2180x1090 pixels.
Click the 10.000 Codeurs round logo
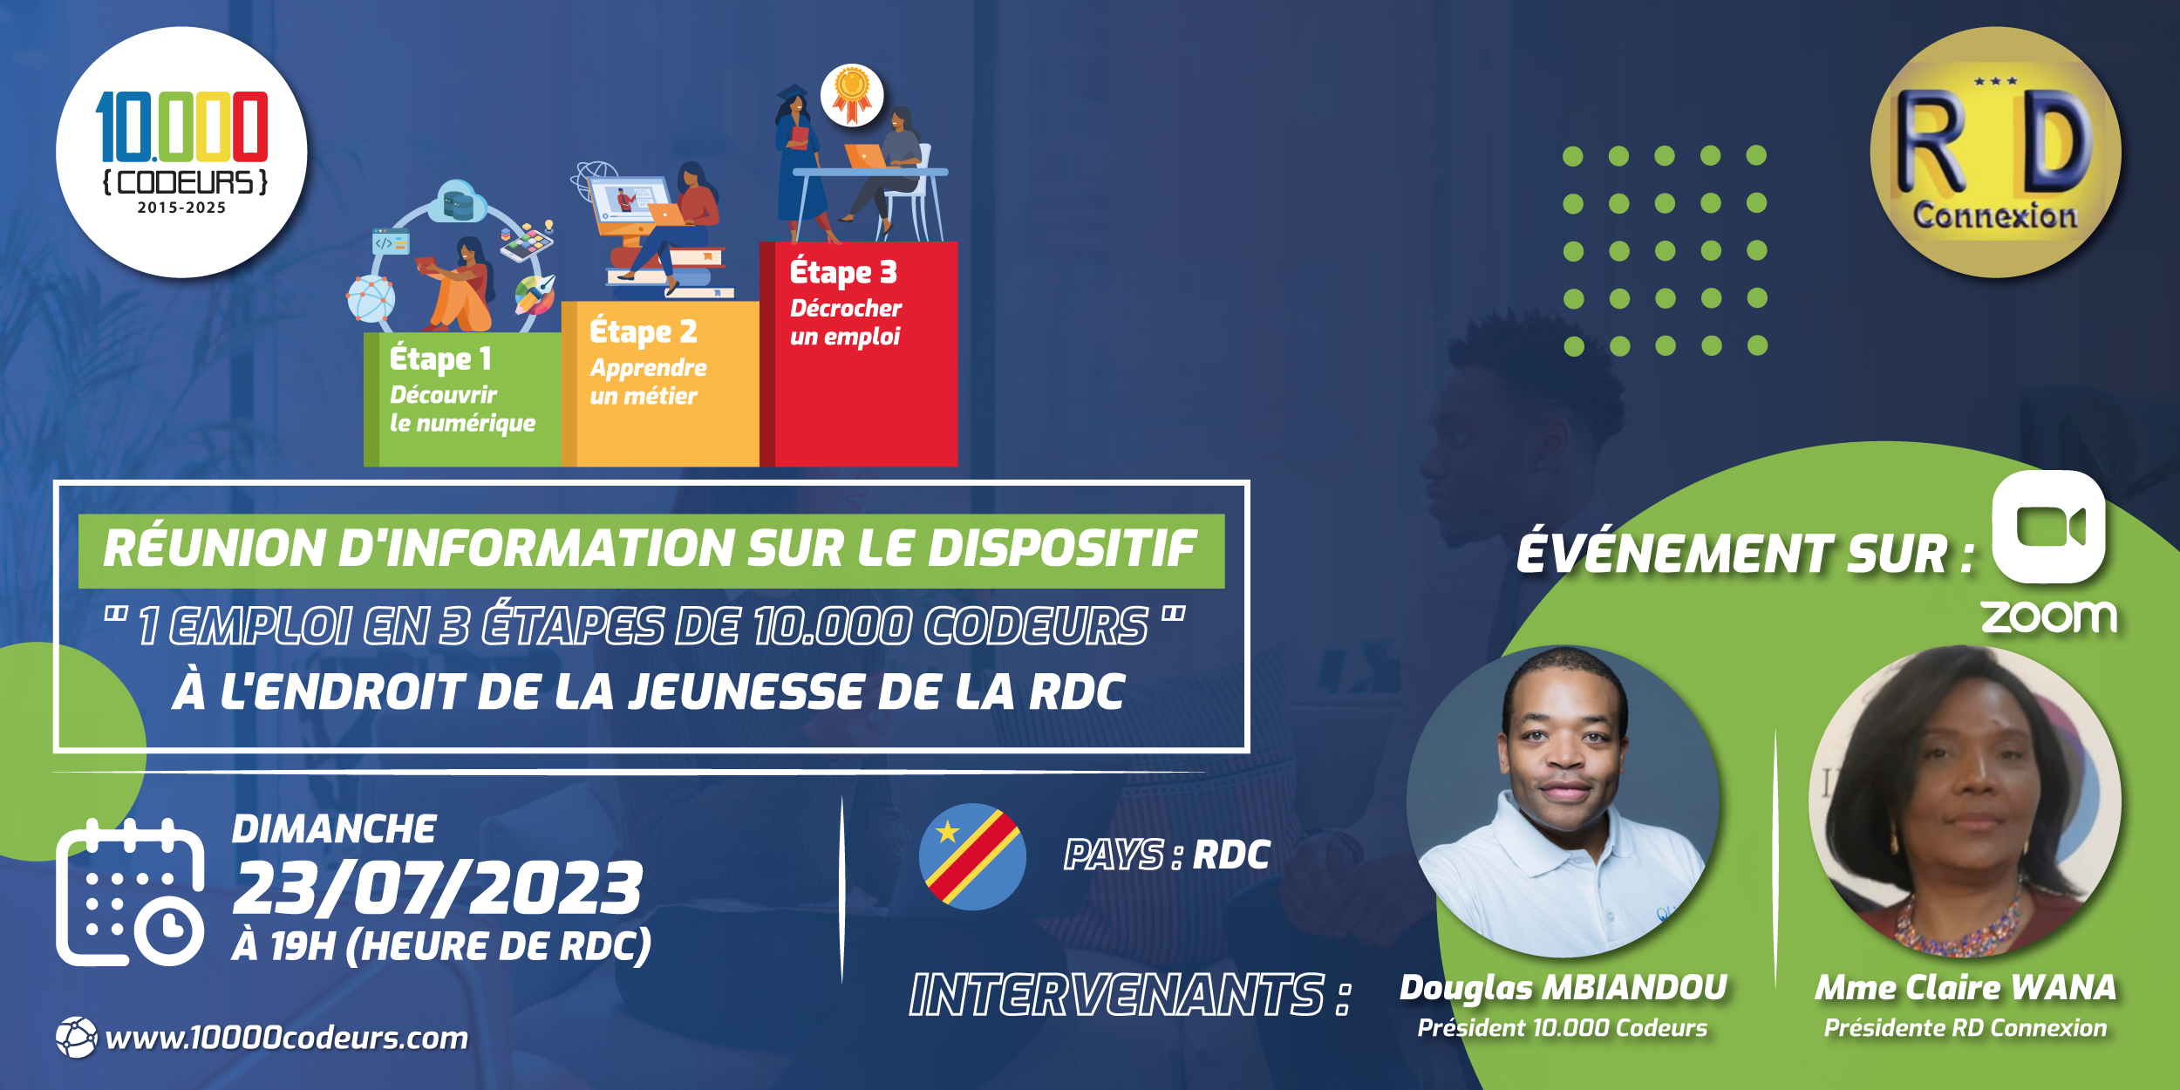[181, 153]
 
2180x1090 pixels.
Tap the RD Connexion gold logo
[1995, 153]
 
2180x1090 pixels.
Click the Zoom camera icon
[2048, 527]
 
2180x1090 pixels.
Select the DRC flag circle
[972, 857]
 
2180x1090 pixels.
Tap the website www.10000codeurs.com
[287, 1038]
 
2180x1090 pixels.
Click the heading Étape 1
[440, 358]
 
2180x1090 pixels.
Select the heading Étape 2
[644, 331]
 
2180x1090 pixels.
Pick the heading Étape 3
[843, 272]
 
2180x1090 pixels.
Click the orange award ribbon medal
[852, 94]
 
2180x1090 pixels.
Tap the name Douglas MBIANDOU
[1563, 988]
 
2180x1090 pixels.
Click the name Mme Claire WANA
[1965, 988]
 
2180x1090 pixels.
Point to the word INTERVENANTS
[1117, 995]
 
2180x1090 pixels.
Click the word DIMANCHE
[334, 829]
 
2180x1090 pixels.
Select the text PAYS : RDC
[1167, 855]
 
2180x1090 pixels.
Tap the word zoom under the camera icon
[2048, 617]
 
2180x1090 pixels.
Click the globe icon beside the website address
[77, 1038]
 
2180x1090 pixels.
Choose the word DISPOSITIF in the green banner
[1062, 548]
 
